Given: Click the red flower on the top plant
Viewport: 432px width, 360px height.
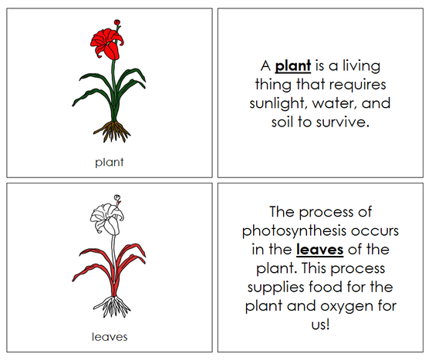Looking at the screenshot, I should [109, 47].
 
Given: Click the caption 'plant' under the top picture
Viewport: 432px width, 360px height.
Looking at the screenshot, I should [109, 162].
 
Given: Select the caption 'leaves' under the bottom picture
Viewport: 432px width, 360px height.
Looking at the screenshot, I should [109, 336].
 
